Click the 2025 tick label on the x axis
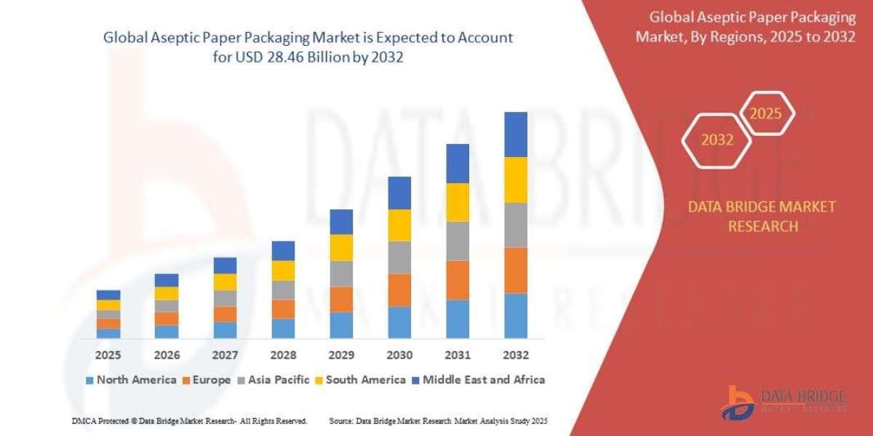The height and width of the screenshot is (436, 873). click(x=108, y=355)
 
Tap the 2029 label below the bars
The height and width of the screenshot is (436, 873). click(x=341, y=355)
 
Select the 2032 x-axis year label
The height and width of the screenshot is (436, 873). click(x=515, y=355)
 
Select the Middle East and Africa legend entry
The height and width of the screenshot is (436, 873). click(x=481, y=379)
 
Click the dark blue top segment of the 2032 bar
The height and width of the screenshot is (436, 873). click(x=515, y=134)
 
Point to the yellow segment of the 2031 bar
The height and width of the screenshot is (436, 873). click(x=458, y=202)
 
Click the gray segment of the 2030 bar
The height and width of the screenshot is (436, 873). click(x=399, y=257)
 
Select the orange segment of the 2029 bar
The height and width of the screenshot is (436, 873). click(x=341, y=299)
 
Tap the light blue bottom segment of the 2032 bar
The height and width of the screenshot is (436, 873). click(x=515, y=315)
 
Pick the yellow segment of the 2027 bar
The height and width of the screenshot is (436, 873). click(x=225, y=282)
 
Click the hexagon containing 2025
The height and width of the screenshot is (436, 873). click(x=765, y=114)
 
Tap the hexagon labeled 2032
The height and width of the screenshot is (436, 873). click(x=717, y=140)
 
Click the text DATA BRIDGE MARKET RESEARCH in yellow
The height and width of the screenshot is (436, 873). click(x=762, y=217)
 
